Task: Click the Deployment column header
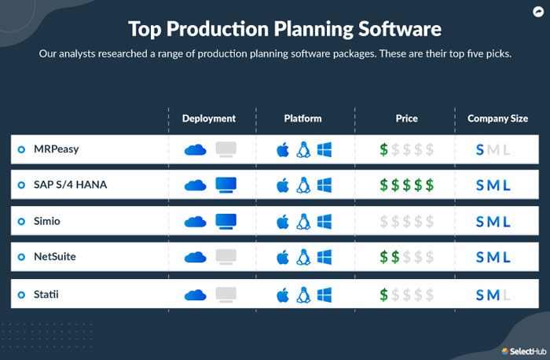coord(208,119)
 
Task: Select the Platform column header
coord(302,119)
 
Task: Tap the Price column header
coord(406,119)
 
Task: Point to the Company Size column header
coord(497,119)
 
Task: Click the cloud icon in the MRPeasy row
coord(195,149)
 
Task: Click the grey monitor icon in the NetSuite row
coord(226,257)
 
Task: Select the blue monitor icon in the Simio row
coord(226,222)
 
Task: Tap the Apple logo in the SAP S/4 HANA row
coord(283,186)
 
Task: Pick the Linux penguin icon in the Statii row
coord(303,295)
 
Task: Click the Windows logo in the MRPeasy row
coord(324,149)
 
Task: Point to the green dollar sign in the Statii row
coord(383,295)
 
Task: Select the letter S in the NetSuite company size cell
coord(480,257)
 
